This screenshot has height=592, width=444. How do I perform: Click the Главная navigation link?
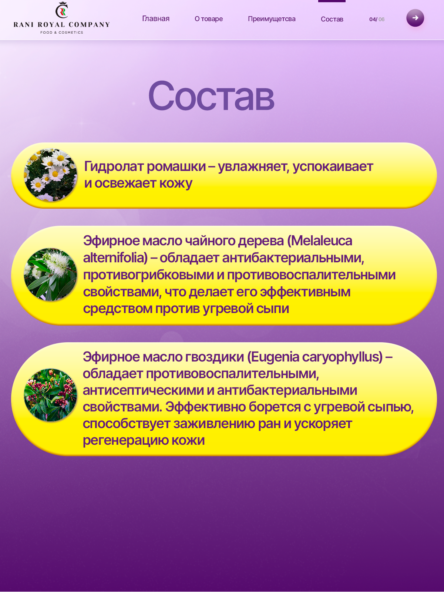[x=156, y=18]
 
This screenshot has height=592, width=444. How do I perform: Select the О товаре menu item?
[x=209, y=19]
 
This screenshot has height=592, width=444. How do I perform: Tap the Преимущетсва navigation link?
[x=272, y=19]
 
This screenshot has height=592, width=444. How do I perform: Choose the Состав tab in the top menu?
[x=332, y=19]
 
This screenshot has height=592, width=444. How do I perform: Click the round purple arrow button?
[x=415, y=18]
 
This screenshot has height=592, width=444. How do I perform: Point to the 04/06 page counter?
[x=377, y=19]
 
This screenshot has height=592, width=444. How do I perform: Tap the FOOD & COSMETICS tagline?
[x=62, y=32]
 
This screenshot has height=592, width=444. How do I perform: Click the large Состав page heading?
[x=211, y=96]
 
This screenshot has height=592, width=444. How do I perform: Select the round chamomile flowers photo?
[x=50, y=175]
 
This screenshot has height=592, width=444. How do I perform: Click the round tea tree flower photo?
[x=50, y=274]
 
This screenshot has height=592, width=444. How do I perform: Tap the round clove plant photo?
[x=50, y=395]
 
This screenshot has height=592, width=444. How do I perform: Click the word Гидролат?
[x=114, y=167]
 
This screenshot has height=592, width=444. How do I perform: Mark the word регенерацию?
[x=125, y=441]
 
